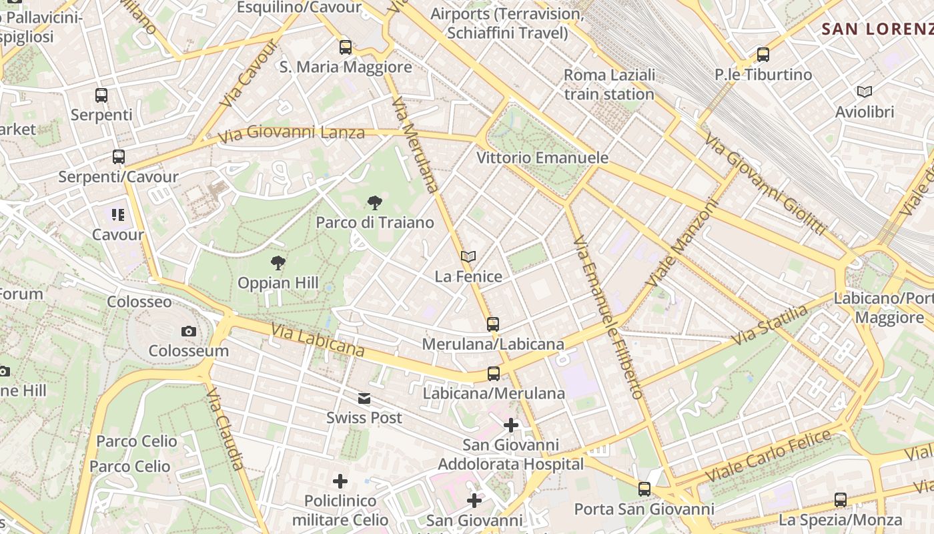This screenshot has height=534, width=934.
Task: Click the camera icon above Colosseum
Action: (189, 331)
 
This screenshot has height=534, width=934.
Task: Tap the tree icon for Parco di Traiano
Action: (375, 202)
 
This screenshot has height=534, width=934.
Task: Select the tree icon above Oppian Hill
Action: (278, 263)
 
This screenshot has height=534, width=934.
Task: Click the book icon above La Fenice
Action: (468, 256)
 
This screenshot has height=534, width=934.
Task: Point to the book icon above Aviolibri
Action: (864, 92)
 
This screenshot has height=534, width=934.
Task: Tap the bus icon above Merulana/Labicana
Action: (493, 324)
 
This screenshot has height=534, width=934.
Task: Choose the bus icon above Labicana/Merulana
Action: (494, 374)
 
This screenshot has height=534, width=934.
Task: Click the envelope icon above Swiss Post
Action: (364, 398)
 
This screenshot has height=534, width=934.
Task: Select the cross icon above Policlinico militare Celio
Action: (340, 481)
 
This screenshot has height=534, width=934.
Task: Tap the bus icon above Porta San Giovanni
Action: (644, 489)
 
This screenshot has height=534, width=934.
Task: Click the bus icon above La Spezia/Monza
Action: (841, 499)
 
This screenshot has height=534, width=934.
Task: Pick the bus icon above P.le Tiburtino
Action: (763, 55)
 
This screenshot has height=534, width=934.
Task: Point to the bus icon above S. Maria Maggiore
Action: (346, 47)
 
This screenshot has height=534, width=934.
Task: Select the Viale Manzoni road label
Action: (682, 243)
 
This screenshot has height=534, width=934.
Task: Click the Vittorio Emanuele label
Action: (542, 158)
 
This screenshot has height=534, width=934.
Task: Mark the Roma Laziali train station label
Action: (609, 84)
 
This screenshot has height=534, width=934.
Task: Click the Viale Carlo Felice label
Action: (768, 456)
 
